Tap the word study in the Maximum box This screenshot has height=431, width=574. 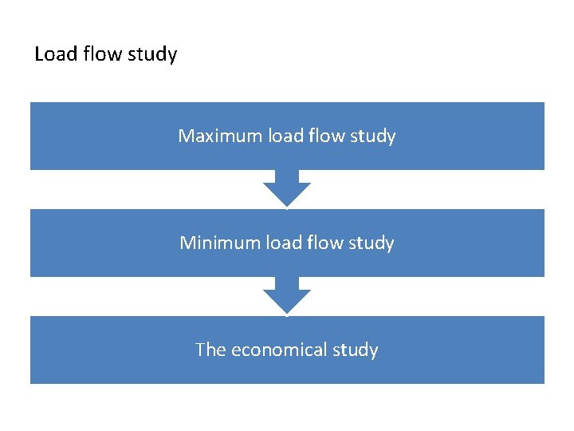click(x=373, y=137)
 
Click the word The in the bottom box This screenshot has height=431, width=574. click(x=210, y=350)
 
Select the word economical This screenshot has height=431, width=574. click(x=279, y=350)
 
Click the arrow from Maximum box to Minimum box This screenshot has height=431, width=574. click(x=287, y=188)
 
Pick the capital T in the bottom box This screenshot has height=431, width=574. click(x=200, y=350)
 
